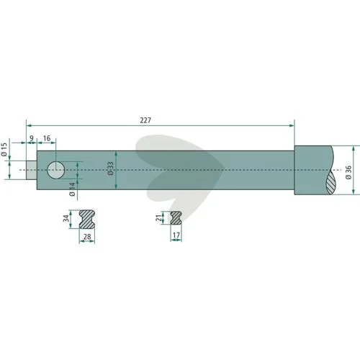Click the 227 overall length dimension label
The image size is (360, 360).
click(x=145, y=120)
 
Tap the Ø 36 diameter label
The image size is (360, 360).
click(x=348, y=172)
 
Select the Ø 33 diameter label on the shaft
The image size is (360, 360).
click(x=110, y=168)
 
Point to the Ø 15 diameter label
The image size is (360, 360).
click(x=4, y=150)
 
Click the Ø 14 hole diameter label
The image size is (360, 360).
click(x=72, y=189)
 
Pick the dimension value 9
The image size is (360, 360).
click(x=32, y=138)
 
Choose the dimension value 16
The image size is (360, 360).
click(x=47, y=138)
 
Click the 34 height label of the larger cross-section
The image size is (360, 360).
click(x=66, y=218)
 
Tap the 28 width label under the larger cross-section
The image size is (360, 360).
click(x=87, y=237)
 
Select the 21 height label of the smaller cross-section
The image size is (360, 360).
click(x=159, y=218)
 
